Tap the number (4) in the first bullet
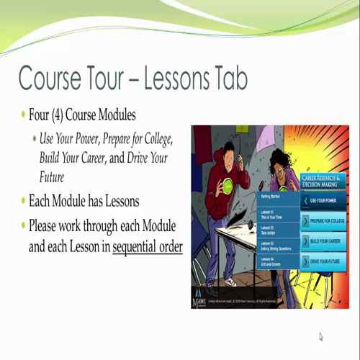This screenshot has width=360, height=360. [61, 116]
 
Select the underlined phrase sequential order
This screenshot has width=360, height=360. [148, 246]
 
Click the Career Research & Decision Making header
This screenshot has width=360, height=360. [323, 180]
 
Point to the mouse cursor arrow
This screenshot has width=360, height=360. [321, 336]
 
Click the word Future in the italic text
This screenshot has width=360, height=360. [53, 176]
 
